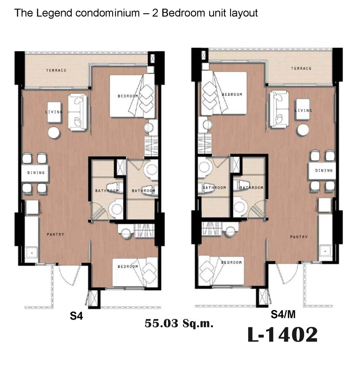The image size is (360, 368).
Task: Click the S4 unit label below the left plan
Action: click(x=76, y=316)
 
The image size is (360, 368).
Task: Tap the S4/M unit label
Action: click(x=283, y=314)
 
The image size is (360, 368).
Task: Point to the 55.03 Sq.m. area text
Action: click(x=179, y=324)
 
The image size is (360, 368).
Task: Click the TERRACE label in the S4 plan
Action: click(x=56, y=71)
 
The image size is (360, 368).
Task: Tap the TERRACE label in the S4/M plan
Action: click(x=301, y=68)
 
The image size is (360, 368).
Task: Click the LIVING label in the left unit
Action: click(x=54, y=112)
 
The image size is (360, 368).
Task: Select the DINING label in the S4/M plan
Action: click(x=324, y=170)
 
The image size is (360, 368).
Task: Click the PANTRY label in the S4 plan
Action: click(x=55, y=234)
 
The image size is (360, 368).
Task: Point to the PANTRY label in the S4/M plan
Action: click(x=299, y=237)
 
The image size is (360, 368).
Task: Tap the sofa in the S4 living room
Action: click(x=77, y=112)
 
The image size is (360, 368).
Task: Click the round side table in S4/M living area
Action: click(x=302, y=130)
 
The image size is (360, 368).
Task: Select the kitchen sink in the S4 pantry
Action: click(x=32, y=253)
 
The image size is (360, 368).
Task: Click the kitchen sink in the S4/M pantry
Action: click(x=325, y=251)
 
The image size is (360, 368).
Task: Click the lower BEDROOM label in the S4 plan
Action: click(x=128, y=267)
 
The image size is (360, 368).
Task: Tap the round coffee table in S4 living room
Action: click(x=54, y=133)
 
